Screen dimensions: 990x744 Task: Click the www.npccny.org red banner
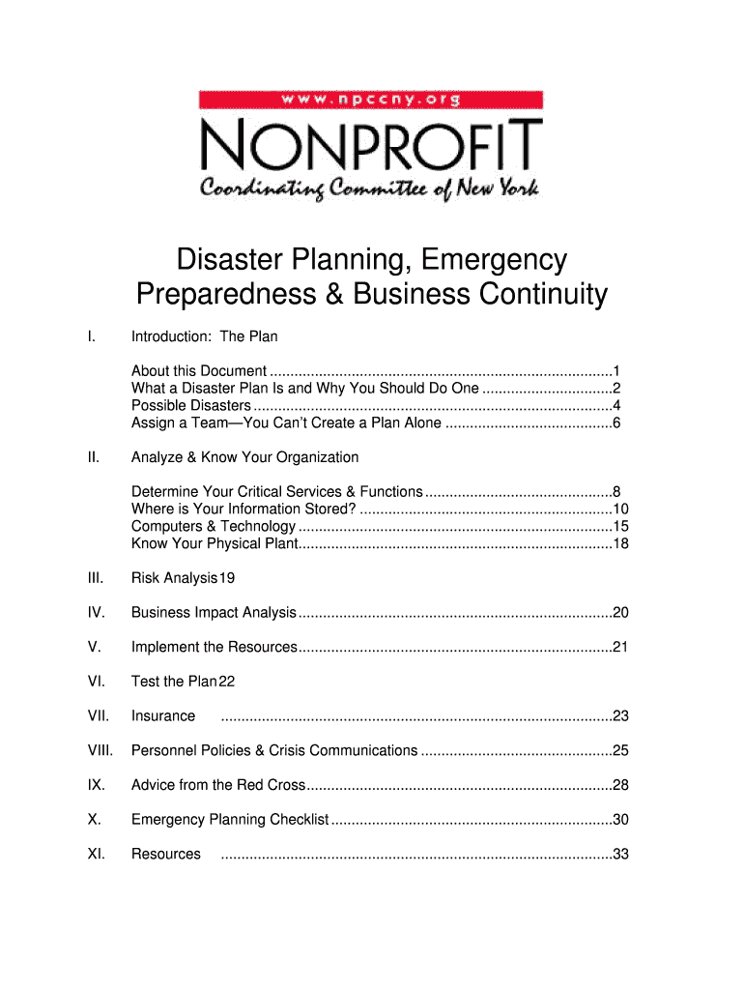pyautogui.click(x=371, y=99)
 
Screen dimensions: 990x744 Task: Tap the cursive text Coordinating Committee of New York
pyautogui.click(x=371, y=188)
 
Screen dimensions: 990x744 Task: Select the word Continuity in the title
pyautogui.click(x=541, y=294)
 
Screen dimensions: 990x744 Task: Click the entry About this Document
pyautogui.click(x=199, y=371)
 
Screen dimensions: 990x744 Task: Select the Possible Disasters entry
pyautogui.click(x=191, y=405)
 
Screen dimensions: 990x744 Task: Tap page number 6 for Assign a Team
pyautogui.click(x=615, y=422)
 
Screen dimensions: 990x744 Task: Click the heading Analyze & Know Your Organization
pyautogui.click(x=244, y=457)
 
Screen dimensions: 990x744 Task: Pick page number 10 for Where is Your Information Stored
pyautogui.click(x=620, y=510)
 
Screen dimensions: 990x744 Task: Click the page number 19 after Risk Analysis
pyautogui.click(x=227, y=578)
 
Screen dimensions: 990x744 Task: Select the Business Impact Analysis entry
pyautogui.click(x=214, y=613)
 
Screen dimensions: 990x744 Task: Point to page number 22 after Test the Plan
pyautogui.click(x=227, y=682)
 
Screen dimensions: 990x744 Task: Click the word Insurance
pyautogui.click(x=163, y=716)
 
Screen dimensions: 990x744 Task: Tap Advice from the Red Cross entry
pyautogui.click(x=218, y=785)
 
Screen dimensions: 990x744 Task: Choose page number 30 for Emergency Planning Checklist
pyautogui.click(x=620, y=820)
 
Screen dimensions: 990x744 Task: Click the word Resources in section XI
pyautogui.click(x=166, y=854)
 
